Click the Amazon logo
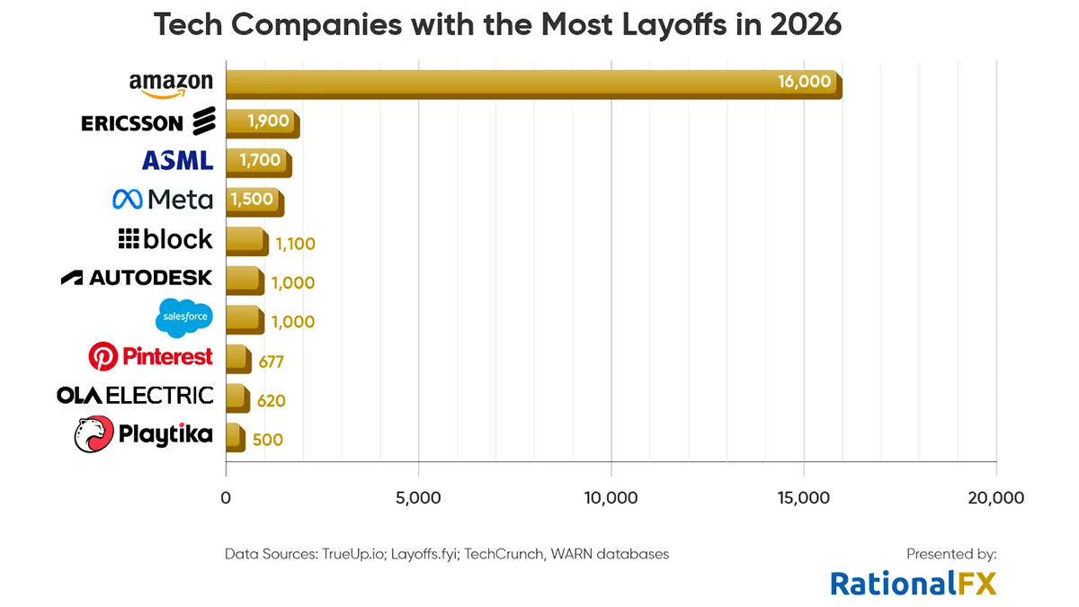(171, 84)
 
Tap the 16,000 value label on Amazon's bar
(804, 82)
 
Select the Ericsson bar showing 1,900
(262, 123)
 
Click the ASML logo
(177, 161)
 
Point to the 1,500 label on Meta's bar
(252, 200)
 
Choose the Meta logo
(163, 200)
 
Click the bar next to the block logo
(245, 241)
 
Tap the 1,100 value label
(295, 244)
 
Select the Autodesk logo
(137, 278)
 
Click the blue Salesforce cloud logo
(184, 317)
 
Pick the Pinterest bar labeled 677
(237, 359)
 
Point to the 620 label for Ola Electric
(271, 401)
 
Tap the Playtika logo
(144, 435)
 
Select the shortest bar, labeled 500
(235, 437)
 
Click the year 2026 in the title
(805, 24)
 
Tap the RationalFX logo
(913, 583)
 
